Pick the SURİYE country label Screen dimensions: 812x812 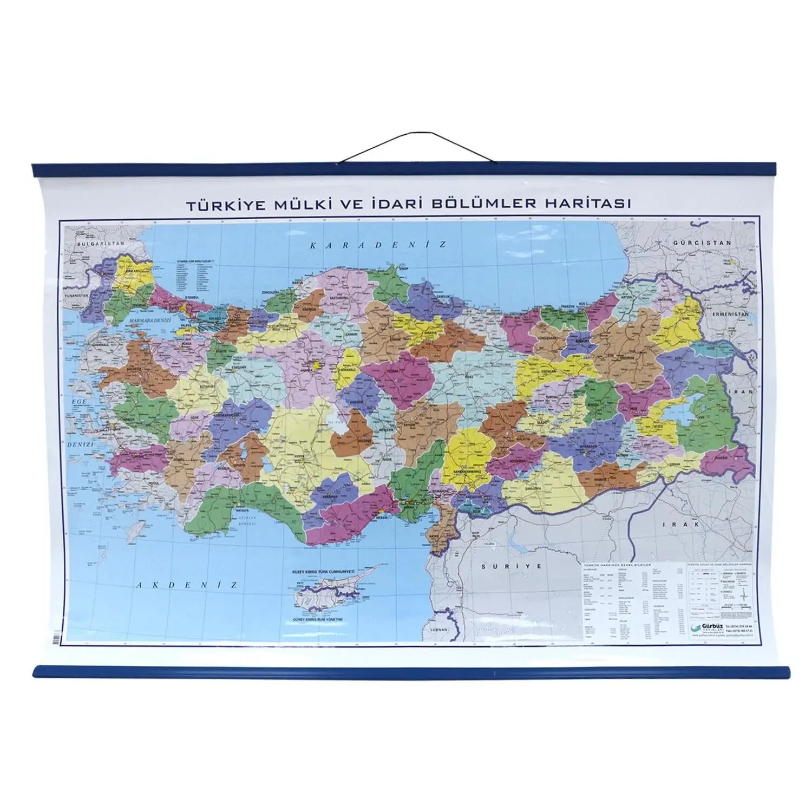point(511,566)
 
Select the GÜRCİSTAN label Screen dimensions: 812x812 point(702,243)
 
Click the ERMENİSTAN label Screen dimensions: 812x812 point(730,314)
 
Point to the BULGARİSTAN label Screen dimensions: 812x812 point(94,244)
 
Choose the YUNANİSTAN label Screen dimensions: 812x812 point(75,296)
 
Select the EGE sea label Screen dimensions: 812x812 point(79,401)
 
